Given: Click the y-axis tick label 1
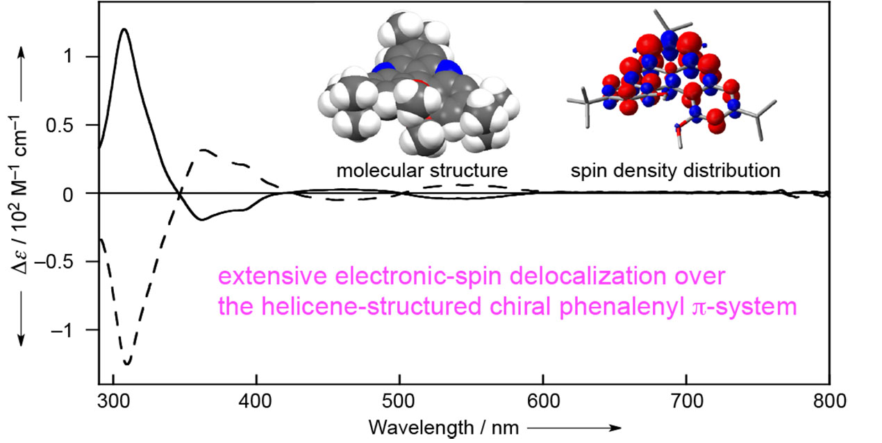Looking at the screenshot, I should point(86,57).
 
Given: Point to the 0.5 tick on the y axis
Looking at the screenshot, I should point(79,125).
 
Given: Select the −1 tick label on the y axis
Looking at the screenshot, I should point(80,330).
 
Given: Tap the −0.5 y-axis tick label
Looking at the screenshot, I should point(74,262).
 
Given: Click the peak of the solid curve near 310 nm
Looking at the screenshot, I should point(124,29).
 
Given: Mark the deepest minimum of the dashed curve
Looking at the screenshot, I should point(127,363).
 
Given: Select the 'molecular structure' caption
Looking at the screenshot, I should point(422,170).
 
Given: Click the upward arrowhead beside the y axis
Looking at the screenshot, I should point(21,49).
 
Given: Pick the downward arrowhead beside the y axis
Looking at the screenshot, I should point(21,340).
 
